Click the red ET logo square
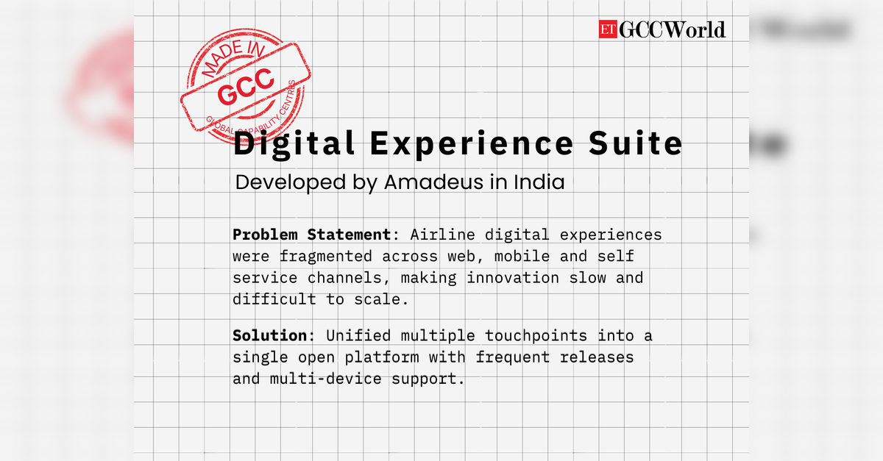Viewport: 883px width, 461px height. point(608,29)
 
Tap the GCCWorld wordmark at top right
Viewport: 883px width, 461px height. point(672,29)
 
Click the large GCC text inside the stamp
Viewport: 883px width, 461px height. point(246,87)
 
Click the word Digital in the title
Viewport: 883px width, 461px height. point(294,144)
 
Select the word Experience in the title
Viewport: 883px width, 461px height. point(472,144)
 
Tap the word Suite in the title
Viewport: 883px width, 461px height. point(636,143)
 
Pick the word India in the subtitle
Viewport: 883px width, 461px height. point(539,182)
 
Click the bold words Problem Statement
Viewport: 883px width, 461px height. point(311,235)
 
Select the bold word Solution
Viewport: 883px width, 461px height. point(269,336)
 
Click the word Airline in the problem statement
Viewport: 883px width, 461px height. point(443,235)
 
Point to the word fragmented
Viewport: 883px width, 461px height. point(325,257)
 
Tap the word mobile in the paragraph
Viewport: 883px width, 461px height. point(522,257)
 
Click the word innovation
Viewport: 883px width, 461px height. point(513,278)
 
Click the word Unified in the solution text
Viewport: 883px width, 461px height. point(358,336)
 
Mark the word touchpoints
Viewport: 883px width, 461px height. point(536,337)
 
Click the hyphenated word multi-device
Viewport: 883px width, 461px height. point(325,379)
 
